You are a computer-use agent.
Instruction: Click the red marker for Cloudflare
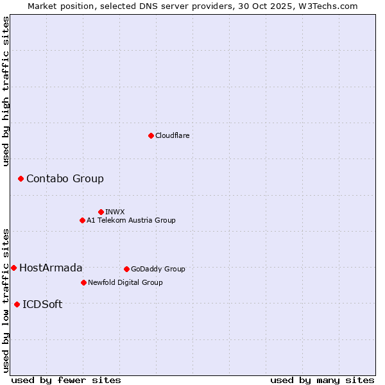pyautogui.click(x=151, y=135)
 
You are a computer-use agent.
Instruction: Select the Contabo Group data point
pyautogui.click(x=21, y=178)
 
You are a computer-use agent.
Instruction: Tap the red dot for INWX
pyautogui.click(x=101, y=212)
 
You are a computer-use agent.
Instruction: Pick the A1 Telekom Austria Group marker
pyautogui.click(x=82, y=220)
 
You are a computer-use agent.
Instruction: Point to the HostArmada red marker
pyautogui.click(x=13, y=268)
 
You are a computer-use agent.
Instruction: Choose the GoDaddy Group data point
pyautogui.click(x=126, y=269)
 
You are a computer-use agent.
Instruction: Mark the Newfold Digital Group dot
pyautogui.click(x=83, y=282)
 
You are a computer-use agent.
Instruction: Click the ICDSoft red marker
pyautogui.click(x=17, y=304)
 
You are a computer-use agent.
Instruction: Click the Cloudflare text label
pyautogui.click(x=173, y=135)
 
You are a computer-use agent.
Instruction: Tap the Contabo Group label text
pyautogui.click(x=65, y=178)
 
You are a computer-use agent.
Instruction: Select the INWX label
pyautogui.click(x=115, y=212)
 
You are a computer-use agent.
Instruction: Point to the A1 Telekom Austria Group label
pyautogui.click(x=131, y=220)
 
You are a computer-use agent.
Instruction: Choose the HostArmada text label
pyautogui.click(x=51, y=268)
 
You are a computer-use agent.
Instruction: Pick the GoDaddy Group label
pyautogui.click(x=158, y=269)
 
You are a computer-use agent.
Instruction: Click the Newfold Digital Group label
pyautogui.click(x=125, y=282)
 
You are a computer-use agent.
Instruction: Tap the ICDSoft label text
pyautogui.click(x=42, y=304)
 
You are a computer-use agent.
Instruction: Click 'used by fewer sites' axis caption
pyautogui.click(x=66, y=380)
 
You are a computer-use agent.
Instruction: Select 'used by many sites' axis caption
pyautogui.click(x=322, y=380)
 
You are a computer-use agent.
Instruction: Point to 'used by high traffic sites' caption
pyautogui.click(x=6, y=91)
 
